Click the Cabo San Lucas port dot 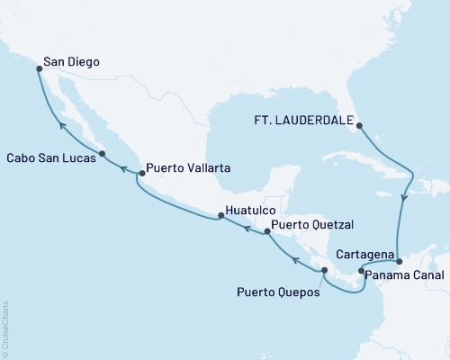coord(102,154)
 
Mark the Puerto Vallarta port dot coord(139,173)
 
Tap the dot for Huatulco coord(219,216)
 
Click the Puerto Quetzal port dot coord(266,233)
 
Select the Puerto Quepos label coord(278,291)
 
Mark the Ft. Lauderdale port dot coord(358,125)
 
